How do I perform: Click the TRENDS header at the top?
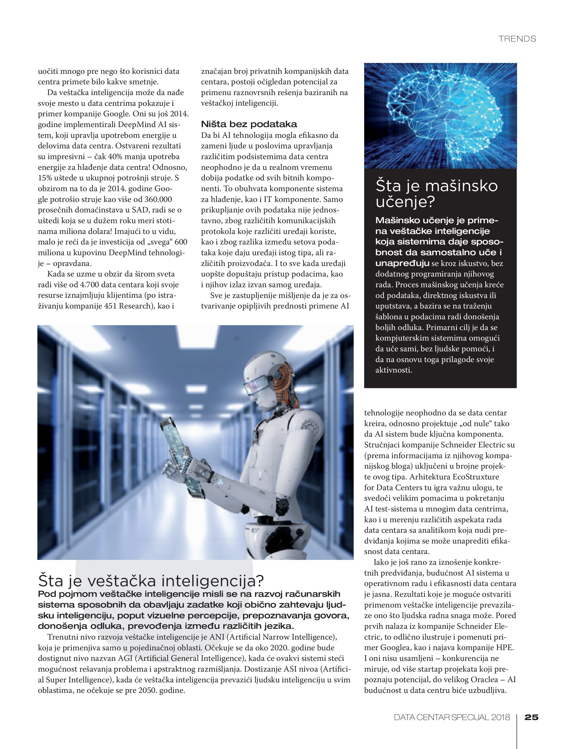point(517,39)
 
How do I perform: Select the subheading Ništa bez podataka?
point(249,124)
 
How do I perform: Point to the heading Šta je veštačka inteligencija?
point(151,581)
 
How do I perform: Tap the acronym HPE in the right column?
point(505,648)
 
